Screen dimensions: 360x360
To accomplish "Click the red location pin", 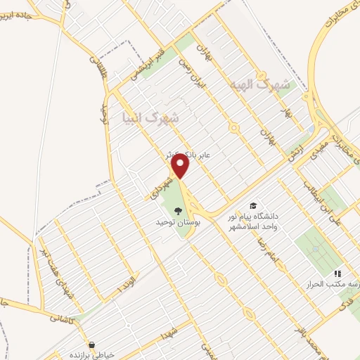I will click(x=181, y=167).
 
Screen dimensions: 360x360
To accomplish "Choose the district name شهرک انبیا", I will click(x=150, y=116).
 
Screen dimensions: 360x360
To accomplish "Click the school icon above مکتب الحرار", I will click(x=337, y=274).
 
